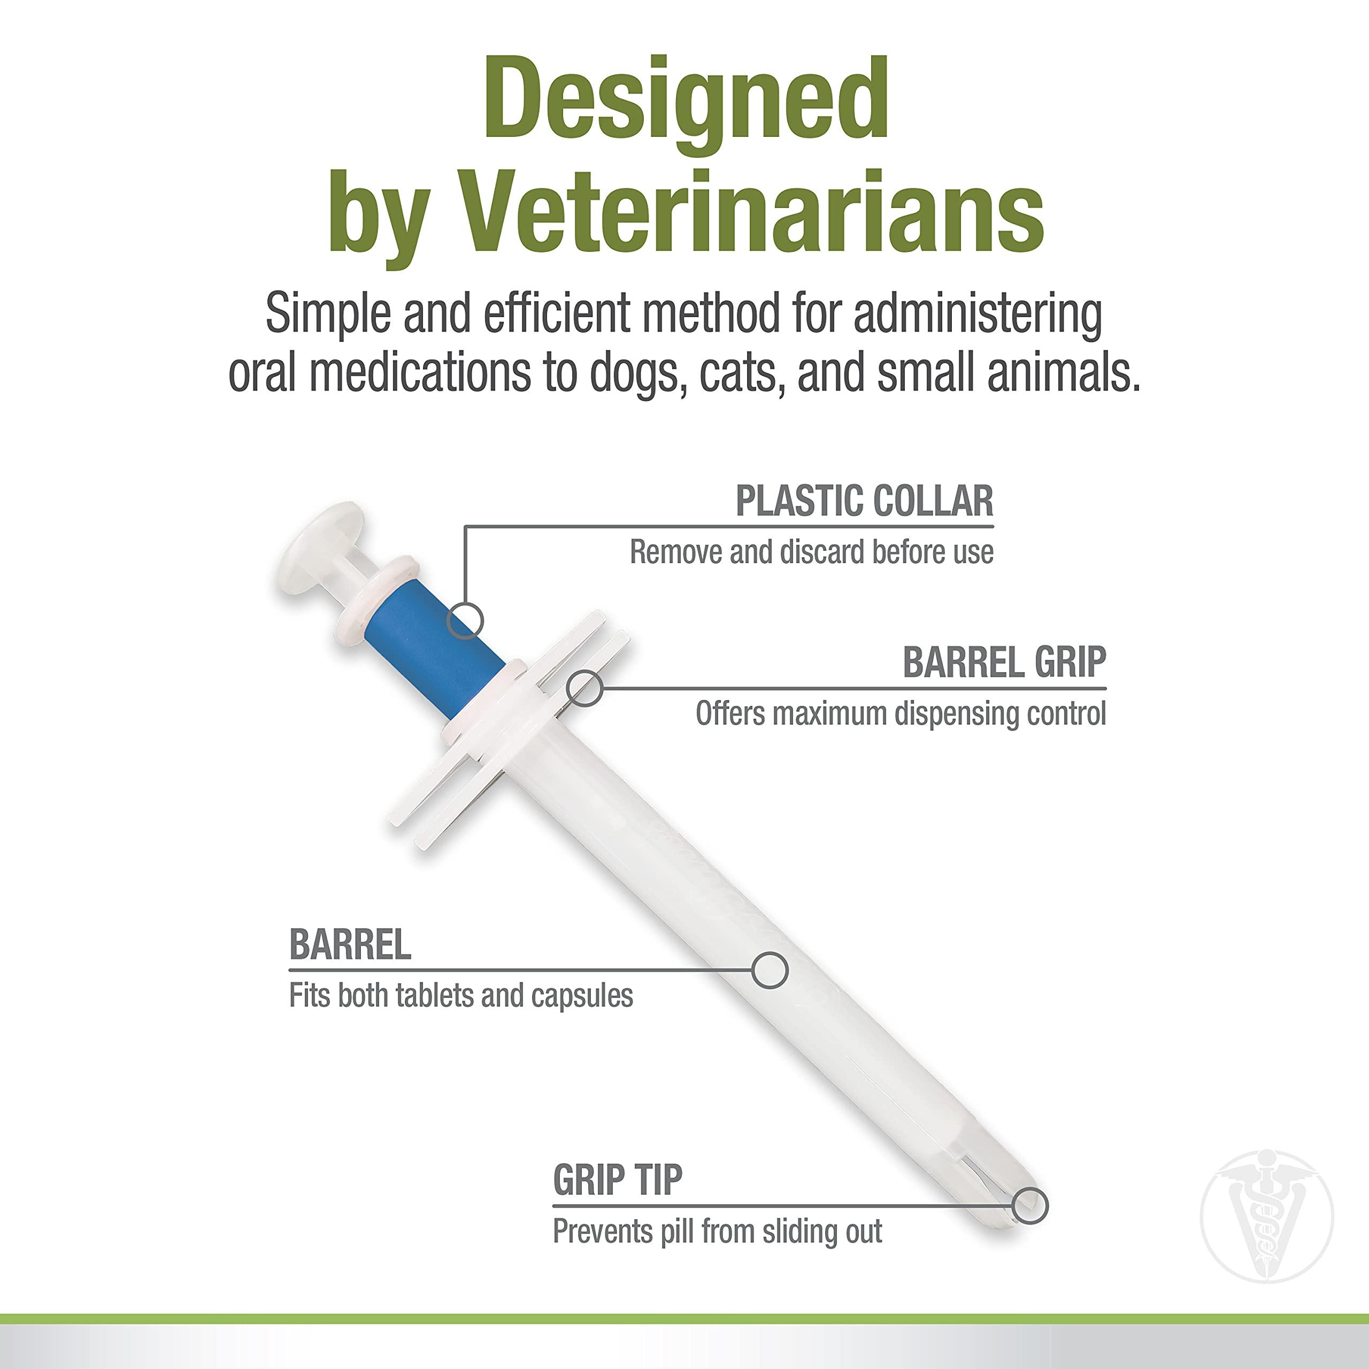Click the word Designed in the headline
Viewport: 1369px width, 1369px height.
tap(686, 99)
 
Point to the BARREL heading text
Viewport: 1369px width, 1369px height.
tap(350, 944)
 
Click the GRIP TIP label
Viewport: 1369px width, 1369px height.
tap(617, 1181)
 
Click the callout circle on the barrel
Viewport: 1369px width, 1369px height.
tap(770, 970)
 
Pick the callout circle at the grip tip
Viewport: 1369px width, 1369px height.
tap(1029, 1205)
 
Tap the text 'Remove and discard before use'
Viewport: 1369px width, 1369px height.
tap(811, 553)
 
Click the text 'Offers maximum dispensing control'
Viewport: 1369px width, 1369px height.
tap(900, 714)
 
